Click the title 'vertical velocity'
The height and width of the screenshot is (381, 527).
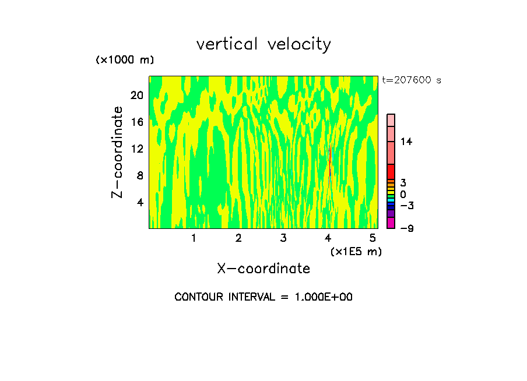click(x=263, y=44)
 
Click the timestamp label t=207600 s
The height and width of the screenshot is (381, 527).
click(x=412, y=80)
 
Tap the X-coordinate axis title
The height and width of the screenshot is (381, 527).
click(x=263, y=269)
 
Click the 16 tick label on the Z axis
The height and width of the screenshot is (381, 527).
click(x=136, y=122)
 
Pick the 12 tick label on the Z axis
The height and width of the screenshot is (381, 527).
click(x=136, y=149)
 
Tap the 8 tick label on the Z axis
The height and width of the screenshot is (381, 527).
click(x=139, y=175)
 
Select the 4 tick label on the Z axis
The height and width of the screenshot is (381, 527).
click(x=139, y=202)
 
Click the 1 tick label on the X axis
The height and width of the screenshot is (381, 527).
click(x=194, y=238)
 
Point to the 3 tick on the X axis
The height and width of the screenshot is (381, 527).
click(x=283, y=238)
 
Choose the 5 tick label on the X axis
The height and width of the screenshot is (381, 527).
click(x=373, y=238)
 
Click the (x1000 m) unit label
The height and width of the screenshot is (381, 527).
click(x=125, y=60)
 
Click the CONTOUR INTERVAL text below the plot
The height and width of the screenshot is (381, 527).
click(x=263, y=297)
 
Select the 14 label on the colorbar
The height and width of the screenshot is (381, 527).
click(x=406, y=142)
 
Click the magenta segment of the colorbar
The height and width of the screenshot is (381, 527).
click(x=391, y=223)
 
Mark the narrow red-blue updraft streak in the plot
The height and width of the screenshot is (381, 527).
click(x=330, y=163)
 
